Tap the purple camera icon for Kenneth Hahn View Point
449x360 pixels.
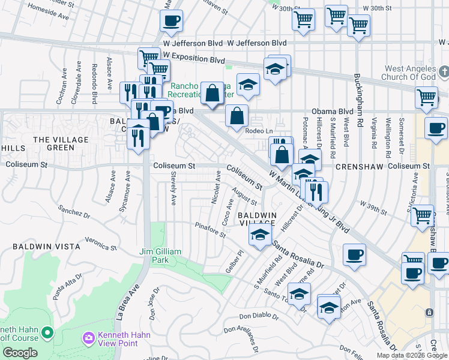coord(89,338)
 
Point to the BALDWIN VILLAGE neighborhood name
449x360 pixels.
coord(257,218)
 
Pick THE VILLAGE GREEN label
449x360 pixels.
coord(61,143)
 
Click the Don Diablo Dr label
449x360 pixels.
coord(261,316)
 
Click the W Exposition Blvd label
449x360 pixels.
coord(193,60)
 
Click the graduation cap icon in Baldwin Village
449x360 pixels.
coord(259,235)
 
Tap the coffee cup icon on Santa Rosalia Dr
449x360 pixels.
coord(354,254)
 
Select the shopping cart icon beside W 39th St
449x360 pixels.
coord(422,214)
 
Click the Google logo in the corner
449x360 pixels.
coord(20,352)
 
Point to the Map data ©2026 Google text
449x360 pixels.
coord(412,355)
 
